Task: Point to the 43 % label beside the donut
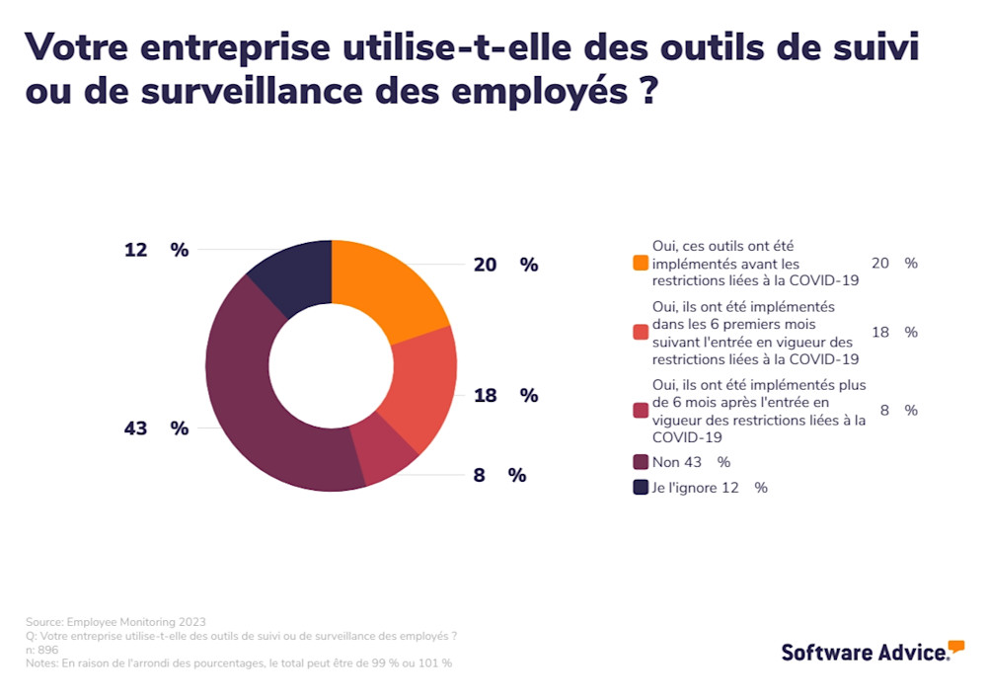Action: pos(156,427)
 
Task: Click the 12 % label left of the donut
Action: pos(156,250)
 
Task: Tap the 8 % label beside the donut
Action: pos(499,475)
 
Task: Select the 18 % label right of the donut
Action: pos(505,395)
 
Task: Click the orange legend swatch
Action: pos(641,264)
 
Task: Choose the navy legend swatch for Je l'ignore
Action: pos(641,488)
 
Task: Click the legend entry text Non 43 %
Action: pos(691,462)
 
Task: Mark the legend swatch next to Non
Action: pos(641,462)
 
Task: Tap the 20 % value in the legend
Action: pos(894,264)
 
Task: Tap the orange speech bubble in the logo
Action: pos(955,647)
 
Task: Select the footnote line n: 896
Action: pos(42,650)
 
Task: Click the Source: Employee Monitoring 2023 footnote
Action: pos(115,622)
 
